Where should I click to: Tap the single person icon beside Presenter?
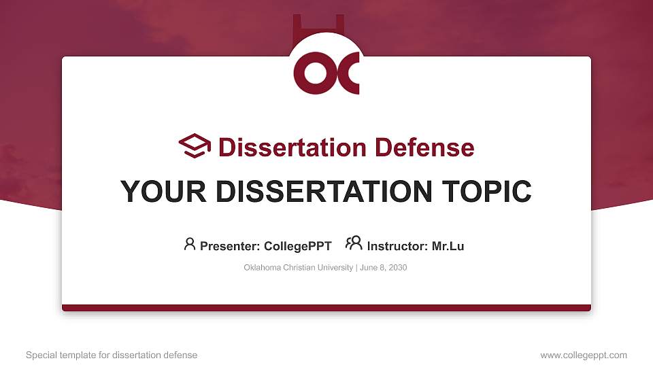click(x=190, y=244)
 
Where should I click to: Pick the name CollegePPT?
click(x=297, y=246)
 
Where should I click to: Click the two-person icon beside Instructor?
click(x=354, y=244)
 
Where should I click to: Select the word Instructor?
click(x=397, y=246)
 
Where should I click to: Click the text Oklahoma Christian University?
click(x=298, y=268)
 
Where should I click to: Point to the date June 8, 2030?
click(x=382, y=268)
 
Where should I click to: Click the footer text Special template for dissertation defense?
click(x=112, y=355)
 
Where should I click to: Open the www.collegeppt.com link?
click(x=584, y=355)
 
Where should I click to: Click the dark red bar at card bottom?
click(x=326, y=308)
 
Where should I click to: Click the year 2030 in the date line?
click(x=397, y=268)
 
